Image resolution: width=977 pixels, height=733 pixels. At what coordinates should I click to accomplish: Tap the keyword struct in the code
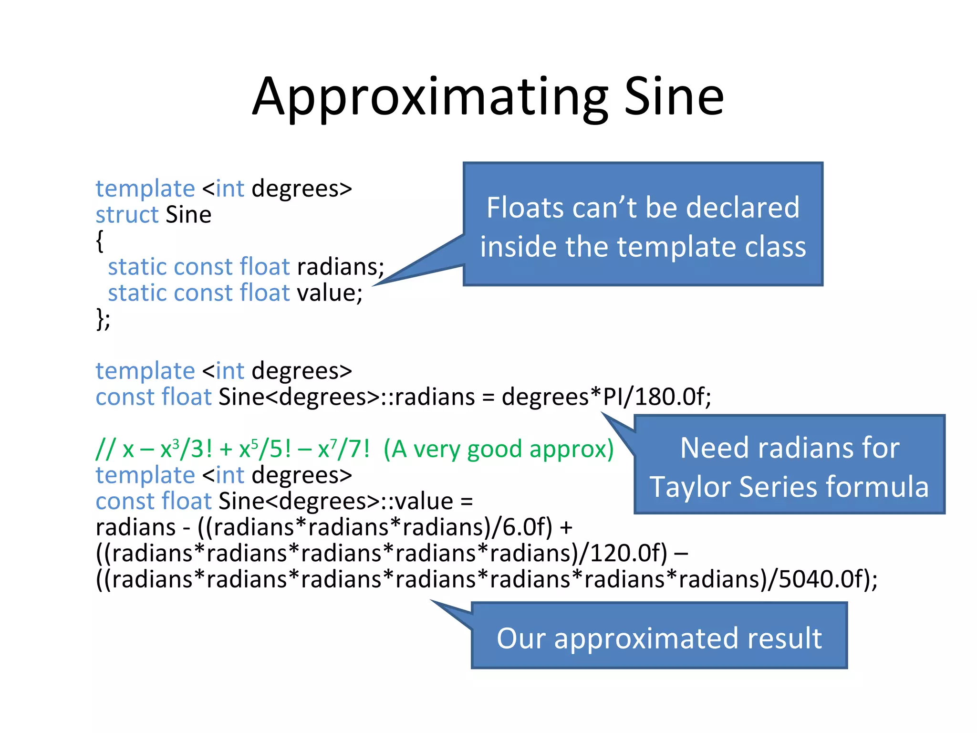126,215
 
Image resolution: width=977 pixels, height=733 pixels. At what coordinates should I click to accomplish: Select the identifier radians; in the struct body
341,267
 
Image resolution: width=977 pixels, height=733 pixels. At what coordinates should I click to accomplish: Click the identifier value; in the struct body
330,293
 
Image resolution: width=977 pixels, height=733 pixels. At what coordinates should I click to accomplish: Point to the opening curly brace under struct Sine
100,241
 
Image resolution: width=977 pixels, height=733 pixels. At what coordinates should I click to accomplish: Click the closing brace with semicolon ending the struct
103,319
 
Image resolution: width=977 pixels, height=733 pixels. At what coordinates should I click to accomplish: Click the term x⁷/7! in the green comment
343,450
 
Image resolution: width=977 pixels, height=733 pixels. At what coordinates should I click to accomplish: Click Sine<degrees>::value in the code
336,502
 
